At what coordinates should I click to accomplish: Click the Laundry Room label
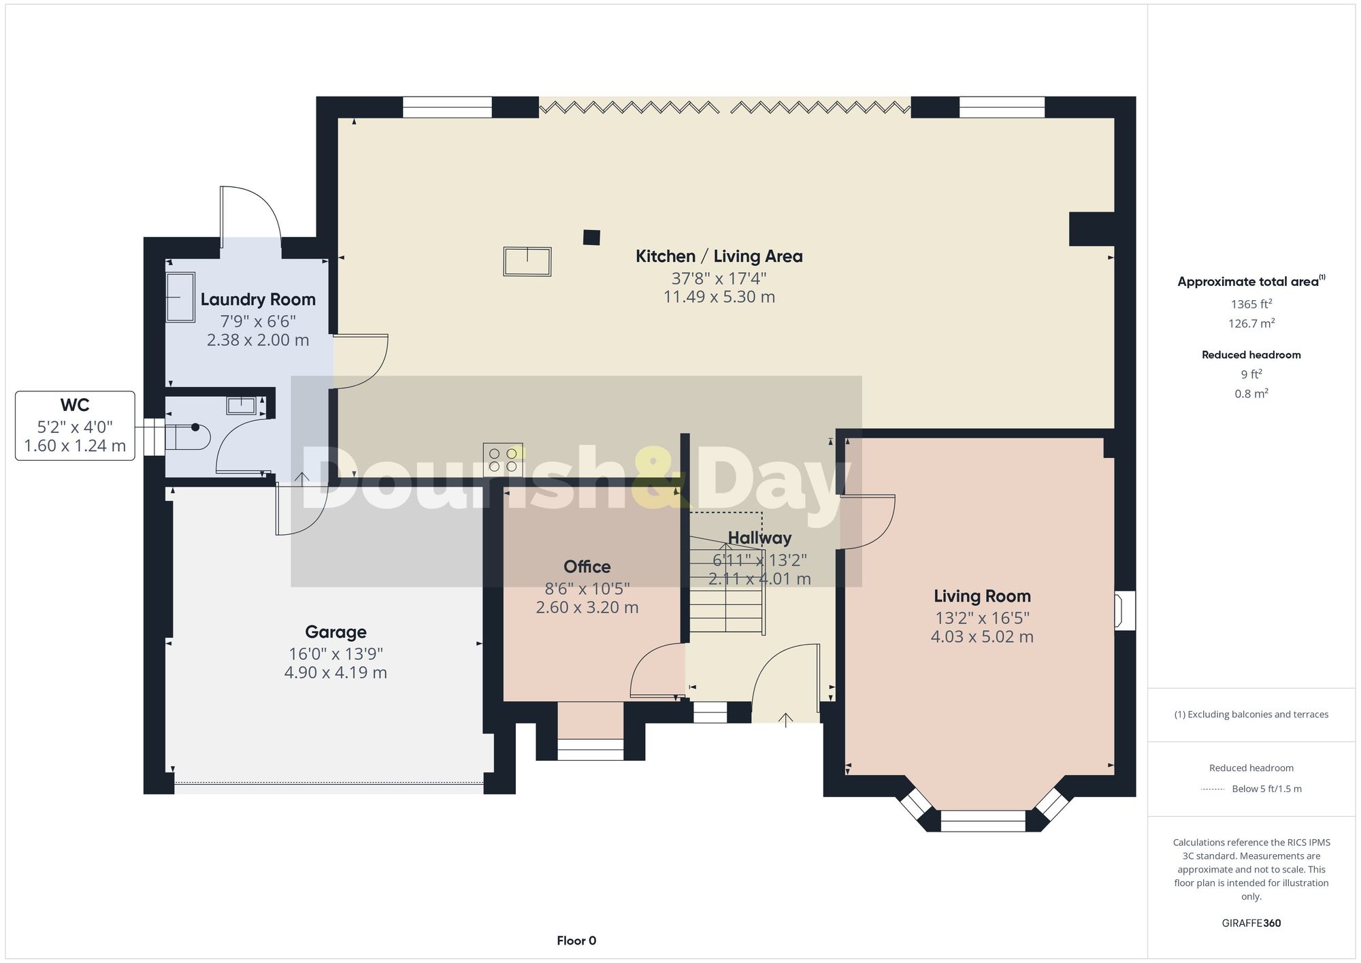pyautogui.click(x=258, y=299)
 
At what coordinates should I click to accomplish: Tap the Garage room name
pyautogui.click(x=335, y=632)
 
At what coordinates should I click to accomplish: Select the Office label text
pyautogui.click(x=587, y=566)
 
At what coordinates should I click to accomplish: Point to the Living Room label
pyautogui.click(x=982, y=596)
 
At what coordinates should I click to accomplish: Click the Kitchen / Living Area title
pyautogui.click(x=719, y=256)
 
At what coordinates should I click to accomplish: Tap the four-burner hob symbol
pyautogui.click(x=503, y=459)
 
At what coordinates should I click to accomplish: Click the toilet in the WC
pyautogui.click(x=188, y=437)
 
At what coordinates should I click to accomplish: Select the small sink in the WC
pyautogui.click(x=241, y=406)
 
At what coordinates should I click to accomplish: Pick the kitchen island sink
pyautogui.click(x=527, y=261)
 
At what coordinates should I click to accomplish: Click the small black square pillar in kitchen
pyautogui.click(x=591, y=238)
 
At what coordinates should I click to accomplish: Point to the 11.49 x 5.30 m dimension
pyautogui.click(x=719, y=297)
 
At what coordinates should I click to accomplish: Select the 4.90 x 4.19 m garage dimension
pyautogui.click(x=335, y=672)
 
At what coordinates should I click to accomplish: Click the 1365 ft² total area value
pyautogui.click(x=1251, y=304)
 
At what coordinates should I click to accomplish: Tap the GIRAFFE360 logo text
pyautogui.click(x=1251, y=923)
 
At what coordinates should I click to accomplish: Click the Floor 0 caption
pyautogui.click(x=576, y=941)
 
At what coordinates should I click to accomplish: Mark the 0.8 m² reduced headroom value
pyautogui.click(x=1251, y=393)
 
